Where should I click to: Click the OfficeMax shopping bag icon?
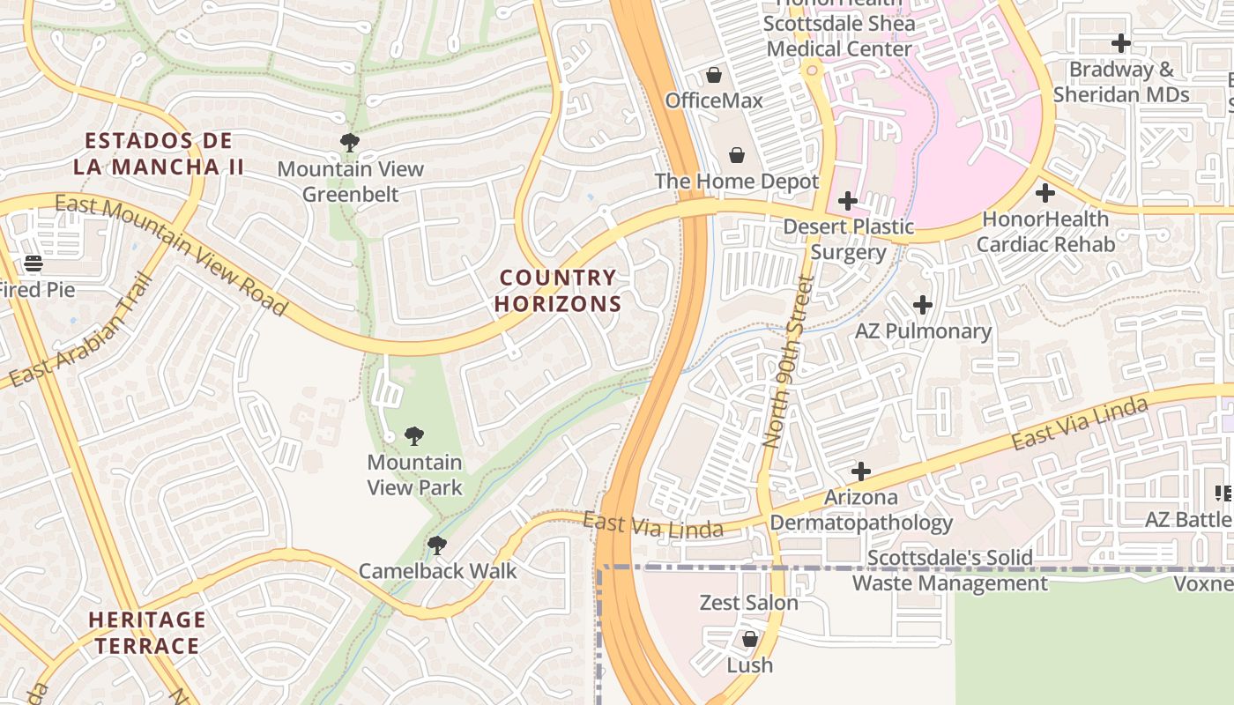(x=714, y=76)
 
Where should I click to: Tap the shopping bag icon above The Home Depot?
(x=737, y=156)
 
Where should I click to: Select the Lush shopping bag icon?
(x=749, y=639)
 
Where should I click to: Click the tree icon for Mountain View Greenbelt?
(x=350, y=142)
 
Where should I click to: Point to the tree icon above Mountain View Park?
(x=413, y=435)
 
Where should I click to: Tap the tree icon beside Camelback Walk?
(x=436, y=545)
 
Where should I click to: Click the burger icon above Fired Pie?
(x=33, y=263)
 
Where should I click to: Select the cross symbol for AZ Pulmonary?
(x=923, y=305)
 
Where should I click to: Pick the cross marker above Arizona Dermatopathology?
(x=861, y=471)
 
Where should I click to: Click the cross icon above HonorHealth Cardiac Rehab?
(x=1045, y=192)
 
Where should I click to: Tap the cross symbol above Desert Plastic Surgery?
(x=847, y=201)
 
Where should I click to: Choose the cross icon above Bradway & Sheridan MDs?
(x=1121, y=42)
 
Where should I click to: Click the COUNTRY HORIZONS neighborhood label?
(x=558, y=291)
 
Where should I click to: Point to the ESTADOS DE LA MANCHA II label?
(x=159, y=153)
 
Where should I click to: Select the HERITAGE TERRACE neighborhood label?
(x=147, y=633)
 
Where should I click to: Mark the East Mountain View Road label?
(x=171, y=255)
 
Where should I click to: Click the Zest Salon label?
(x=749, y=603)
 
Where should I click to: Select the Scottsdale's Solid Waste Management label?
(x=950, y=570)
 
